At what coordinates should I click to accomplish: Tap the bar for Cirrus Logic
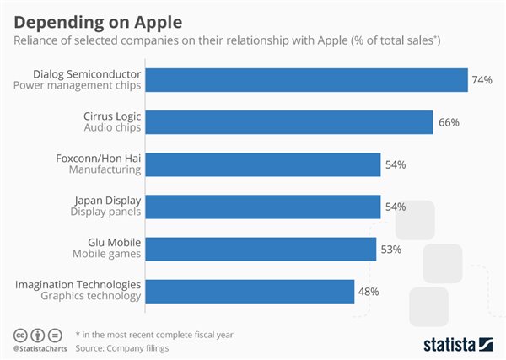point(290,122)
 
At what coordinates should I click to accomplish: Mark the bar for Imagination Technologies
point(250,292)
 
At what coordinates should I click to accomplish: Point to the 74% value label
point(482,80)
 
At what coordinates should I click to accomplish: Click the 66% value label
point(448,122)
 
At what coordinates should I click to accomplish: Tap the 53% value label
point(391,250)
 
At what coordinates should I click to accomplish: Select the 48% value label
point(369,292)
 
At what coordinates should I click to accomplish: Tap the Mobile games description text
point(107,255)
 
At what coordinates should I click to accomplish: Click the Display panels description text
point(106,213)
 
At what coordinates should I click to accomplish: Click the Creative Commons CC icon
point(19,333)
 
